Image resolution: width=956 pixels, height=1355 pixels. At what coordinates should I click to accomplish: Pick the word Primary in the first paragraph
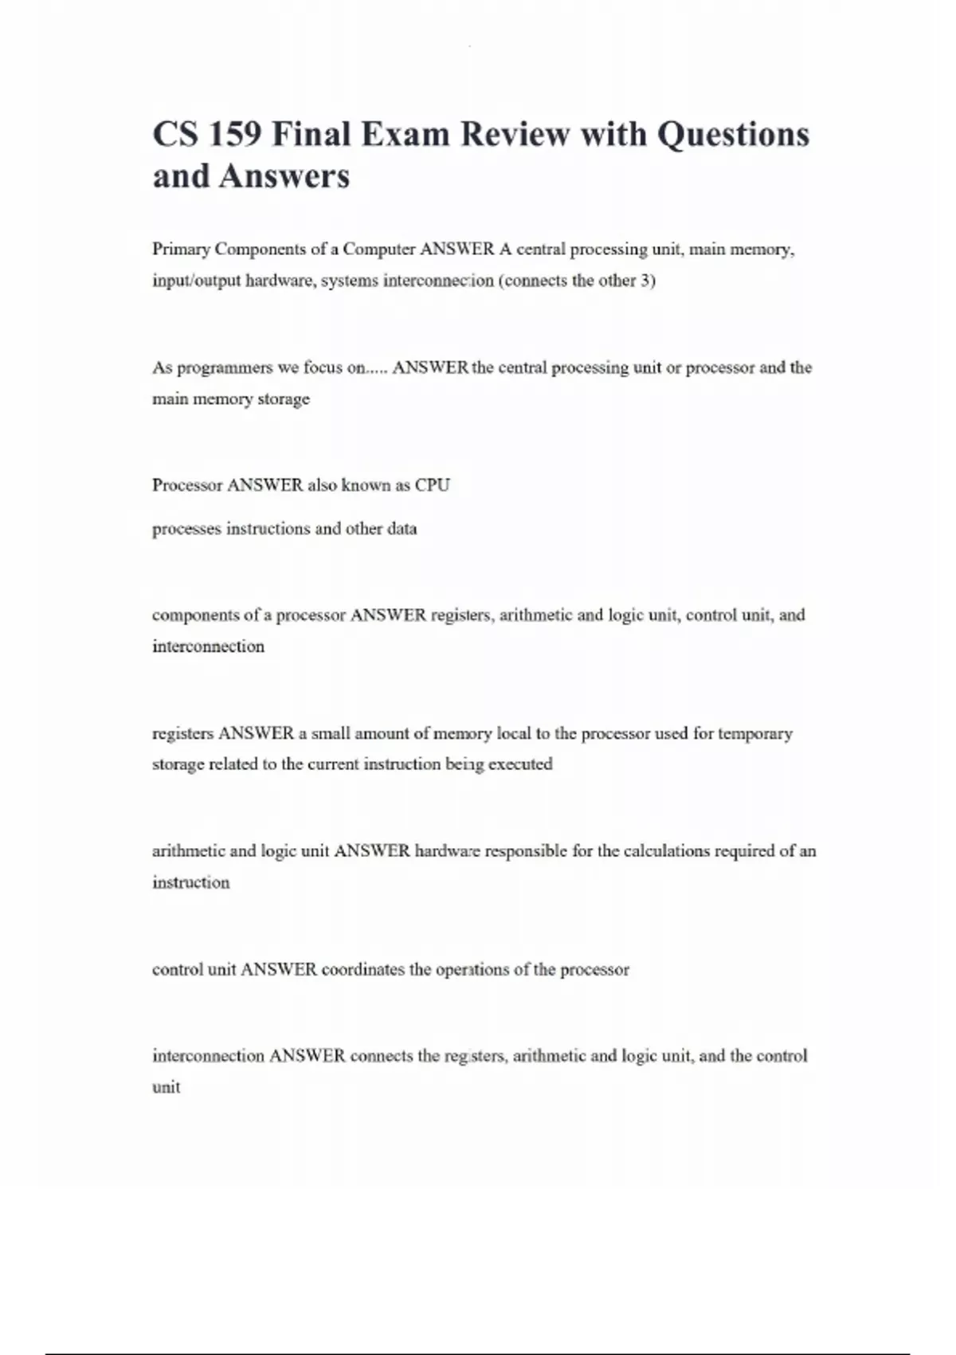(182, 249)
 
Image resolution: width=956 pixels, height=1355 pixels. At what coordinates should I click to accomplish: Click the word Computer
(379, 249)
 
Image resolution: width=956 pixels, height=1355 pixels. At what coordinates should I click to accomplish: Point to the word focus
(323, 367)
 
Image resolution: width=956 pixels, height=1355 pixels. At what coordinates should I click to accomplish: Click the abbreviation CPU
(433, 485)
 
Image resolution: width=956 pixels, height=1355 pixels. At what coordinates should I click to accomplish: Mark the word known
(366, 485)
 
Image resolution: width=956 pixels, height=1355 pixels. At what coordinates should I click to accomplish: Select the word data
(402, 528)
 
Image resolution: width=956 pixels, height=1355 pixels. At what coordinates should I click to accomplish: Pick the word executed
(520, 764)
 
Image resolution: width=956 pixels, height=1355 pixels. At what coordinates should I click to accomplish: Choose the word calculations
(667, 851)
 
